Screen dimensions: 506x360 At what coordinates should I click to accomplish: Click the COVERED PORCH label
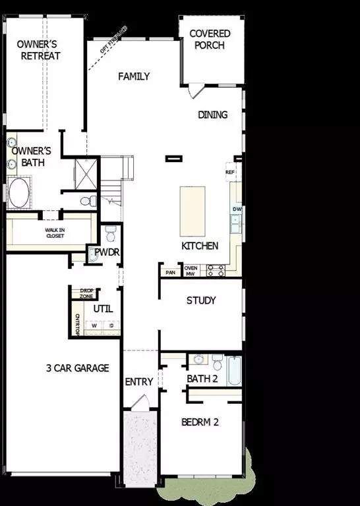tap(210, 40)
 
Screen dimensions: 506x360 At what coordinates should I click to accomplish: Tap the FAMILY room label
tap(134, 76)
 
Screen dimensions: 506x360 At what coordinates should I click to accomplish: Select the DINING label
tap(213, 115)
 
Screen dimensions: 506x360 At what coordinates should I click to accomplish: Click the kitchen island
tap(193, 211)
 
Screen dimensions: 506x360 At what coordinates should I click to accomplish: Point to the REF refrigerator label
tap(230, 173)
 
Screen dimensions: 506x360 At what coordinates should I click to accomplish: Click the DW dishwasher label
tap(236, 210)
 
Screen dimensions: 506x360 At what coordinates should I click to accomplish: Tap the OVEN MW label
tap(191, 270)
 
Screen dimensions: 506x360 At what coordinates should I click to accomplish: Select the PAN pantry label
tap(170, 271)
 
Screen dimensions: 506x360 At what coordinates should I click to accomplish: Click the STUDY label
tap(201, 301)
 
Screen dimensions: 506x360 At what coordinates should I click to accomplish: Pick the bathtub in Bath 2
tap(235, 371)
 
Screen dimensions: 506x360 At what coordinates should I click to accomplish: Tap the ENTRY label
tap(139, 381)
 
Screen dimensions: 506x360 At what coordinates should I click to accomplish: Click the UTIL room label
tap(103, 308)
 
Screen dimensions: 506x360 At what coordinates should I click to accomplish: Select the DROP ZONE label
tap(86, 293)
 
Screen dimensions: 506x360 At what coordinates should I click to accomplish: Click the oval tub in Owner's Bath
tap(18, 193)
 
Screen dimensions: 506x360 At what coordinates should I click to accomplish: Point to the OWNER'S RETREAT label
tap(39, 50)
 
